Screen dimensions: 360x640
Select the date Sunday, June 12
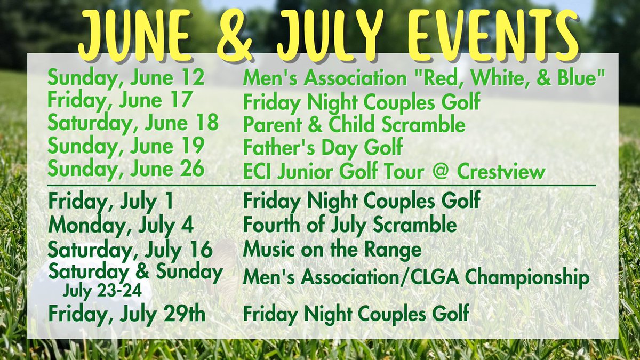pos(126,78)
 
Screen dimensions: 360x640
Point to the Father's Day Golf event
pos(323,146)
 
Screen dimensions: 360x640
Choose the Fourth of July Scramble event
pos(349,225)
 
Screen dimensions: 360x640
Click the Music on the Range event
pos(332,249)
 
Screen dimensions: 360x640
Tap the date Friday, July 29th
pos(126,314)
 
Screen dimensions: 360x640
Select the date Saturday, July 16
pos(130,249)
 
